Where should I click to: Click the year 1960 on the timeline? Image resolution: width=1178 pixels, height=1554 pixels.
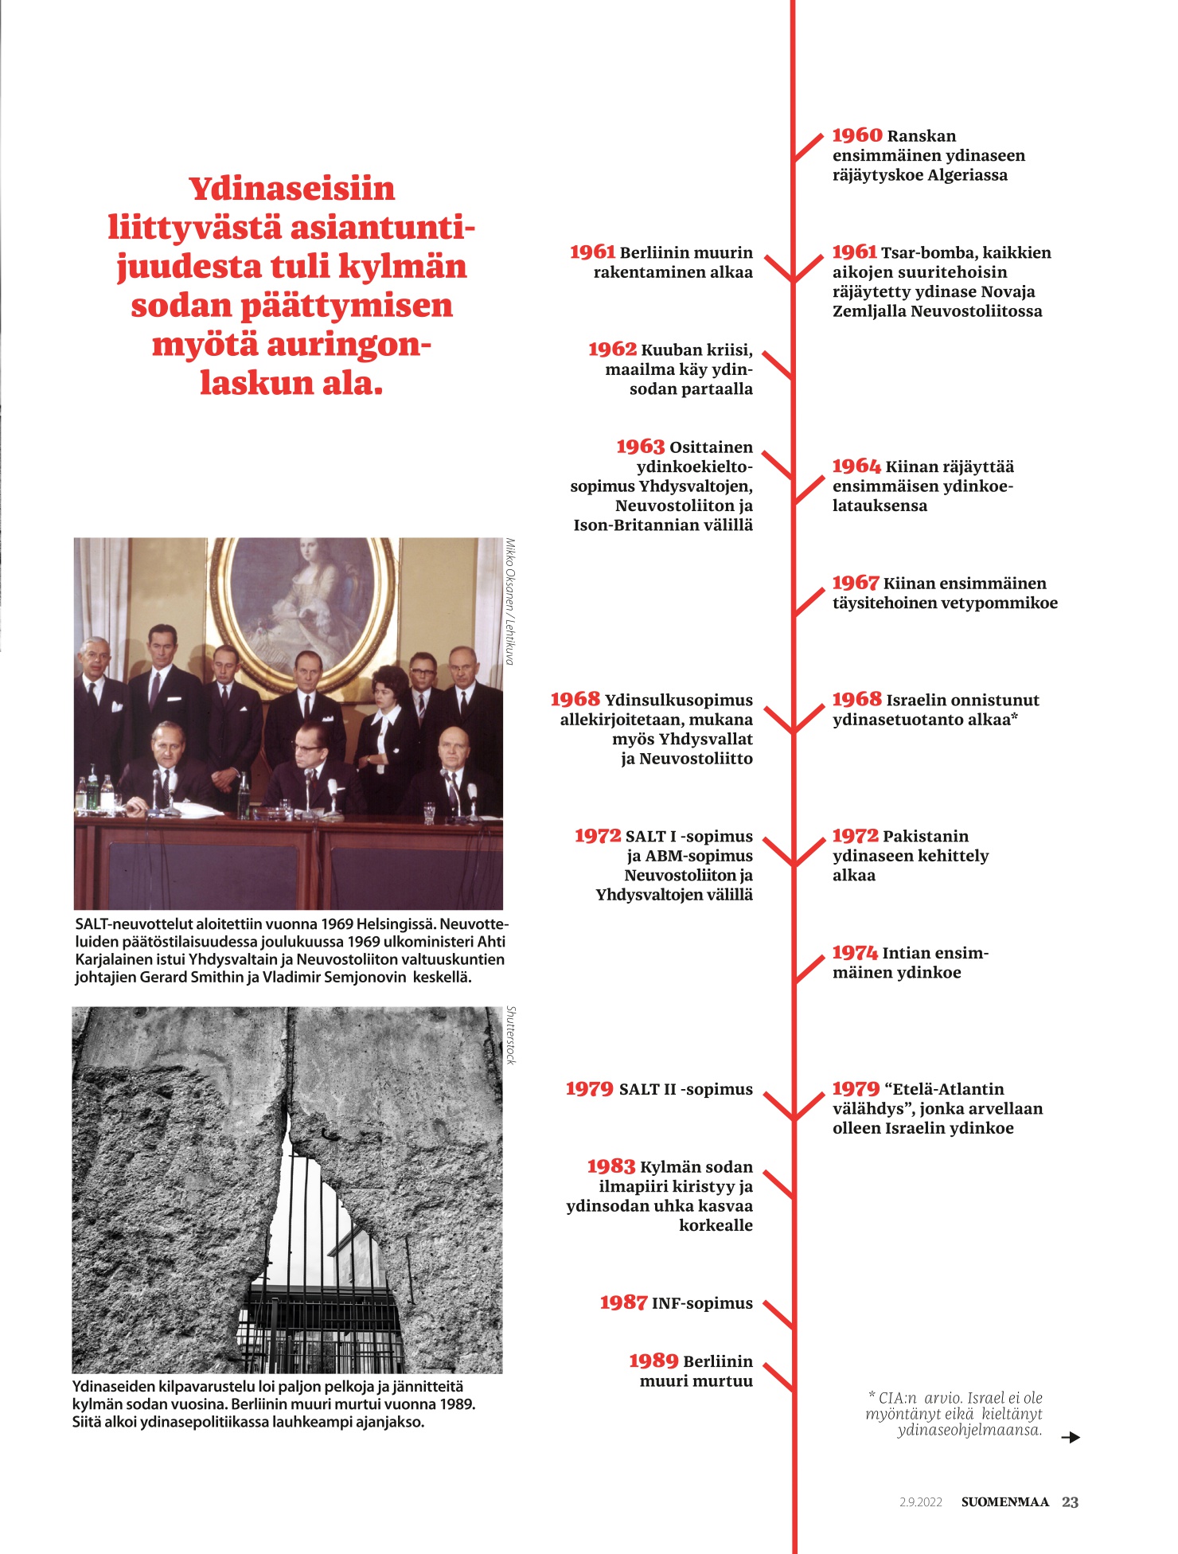click(856, 136)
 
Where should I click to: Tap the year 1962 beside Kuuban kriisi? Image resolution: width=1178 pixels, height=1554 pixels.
click(612, 349)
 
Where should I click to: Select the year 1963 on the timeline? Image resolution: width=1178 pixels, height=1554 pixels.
click(640, 447)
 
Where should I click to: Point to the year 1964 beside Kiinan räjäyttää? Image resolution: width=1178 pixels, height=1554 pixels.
click(856, 467)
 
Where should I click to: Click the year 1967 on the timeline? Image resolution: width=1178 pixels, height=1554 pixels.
click(856, 584)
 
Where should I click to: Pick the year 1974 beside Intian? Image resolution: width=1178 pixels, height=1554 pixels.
click(855, 953)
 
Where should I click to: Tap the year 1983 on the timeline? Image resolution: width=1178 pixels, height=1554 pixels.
click(610, 1167)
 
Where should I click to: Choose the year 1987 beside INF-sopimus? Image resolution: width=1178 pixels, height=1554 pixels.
click(623, 1303)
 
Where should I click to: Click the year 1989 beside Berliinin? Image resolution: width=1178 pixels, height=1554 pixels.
click(653, 1361)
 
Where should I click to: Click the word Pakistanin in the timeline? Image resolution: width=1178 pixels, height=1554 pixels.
click(926, 837)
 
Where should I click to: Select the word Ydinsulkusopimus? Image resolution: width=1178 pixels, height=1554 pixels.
click(678, 701)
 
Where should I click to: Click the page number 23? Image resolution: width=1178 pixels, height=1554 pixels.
click(1070, 1502)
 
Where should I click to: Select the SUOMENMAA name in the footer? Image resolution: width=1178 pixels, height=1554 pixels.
click(1004, 1502)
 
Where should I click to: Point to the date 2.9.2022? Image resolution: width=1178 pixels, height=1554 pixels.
click(921, 1502)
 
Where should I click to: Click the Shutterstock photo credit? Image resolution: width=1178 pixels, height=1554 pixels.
click(512, 1035)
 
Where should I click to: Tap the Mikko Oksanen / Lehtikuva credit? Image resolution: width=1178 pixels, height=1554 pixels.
click(510, 602)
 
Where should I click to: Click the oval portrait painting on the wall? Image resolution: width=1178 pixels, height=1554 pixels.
click(302, 605)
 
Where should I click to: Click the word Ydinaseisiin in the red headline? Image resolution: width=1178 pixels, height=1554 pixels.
click(292, 189)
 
